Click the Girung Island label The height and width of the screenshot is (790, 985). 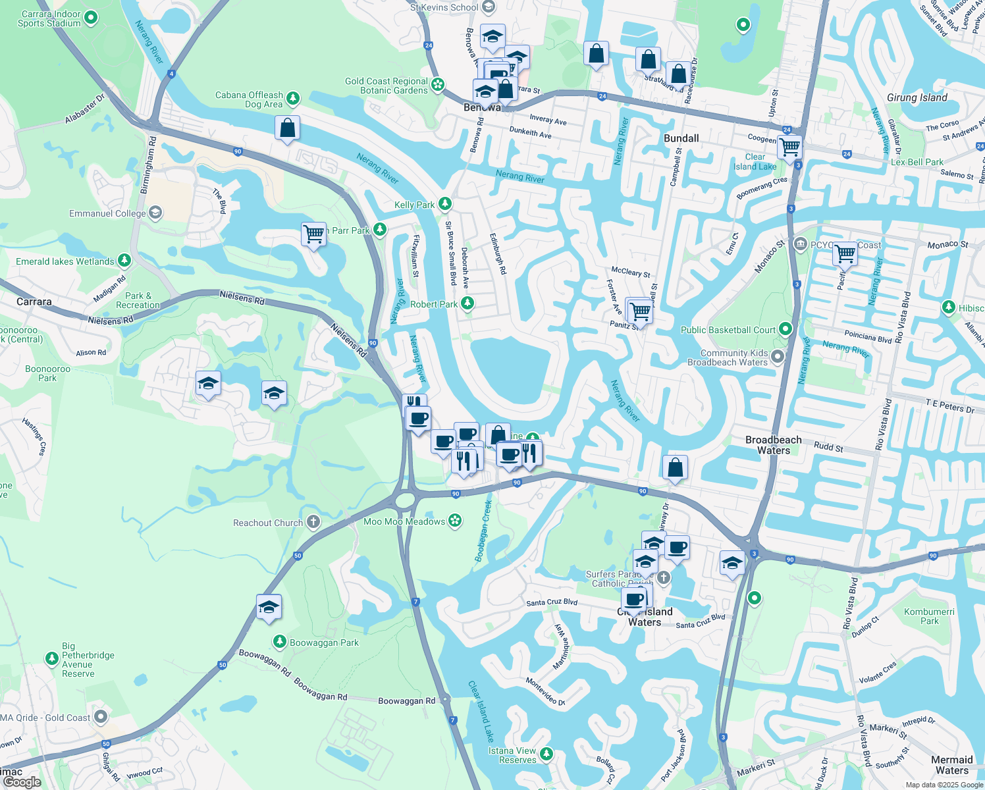[x=917, y=98]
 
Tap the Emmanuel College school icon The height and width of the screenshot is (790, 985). [x=155, y=213]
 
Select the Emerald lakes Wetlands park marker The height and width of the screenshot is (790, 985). [x=124, y=261]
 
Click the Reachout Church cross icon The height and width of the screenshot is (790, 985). [x=313, y=523]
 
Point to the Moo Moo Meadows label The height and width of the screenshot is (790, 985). [x=404, y=521]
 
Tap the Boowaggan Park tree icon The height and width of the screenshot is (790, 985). [x=280, y=641]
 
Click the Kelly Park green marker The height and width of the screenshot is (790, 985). [x=445, y=204]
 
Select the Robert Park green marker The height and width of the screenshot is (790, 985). [x=467, y=303]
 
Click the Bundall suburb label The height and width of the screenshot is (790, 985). [x=681, y=138]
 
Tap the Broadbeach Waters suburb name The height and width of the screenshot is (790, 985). [x=774, y=445]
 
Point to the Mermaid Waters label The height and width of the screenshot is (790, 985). [x=952, y=765]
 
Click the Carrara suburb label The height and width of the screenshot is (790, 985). [x=34, y=302]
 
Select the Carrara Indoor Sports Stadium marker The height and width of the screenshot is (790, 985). [x=92, y=18]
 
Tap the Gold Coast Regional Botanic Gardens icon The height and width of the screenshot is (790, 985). [x=438, y=85]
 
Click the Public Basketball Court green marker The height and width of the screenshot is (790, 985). [x=785, y=329]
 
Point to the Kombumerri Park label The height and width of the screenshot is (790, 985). [x=929, y=616]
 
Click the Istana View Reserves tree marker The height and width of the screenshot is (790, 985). [x=546, y=753]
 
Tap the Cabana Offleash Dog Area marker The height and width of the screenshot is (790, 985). [x=294, y=99]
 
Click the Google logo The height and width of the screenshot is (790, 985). [x=22, y=782]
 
